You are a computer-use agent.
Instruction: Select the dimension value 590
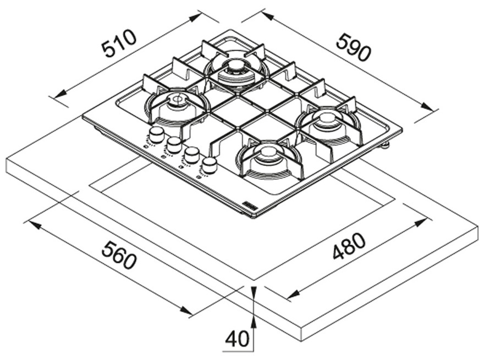[x=354, y=47]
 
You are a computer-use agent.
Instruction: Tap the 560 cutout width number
[x=118, y=256]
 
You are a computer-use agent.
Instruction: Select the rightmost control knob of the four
[x=209, y=163]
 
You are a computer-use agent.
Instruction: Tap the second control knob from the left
[x=174, y=144]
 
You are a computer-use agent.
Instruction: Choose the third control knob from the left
[x=192, y=154]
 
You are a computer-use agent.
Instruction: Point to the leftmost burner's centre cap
[x=177, y=100]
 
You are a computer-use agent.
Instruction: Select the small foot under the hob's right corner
[x=385, y=145]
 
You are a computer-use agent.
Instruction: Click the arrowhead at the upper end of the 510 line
[x=196, y=17]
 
